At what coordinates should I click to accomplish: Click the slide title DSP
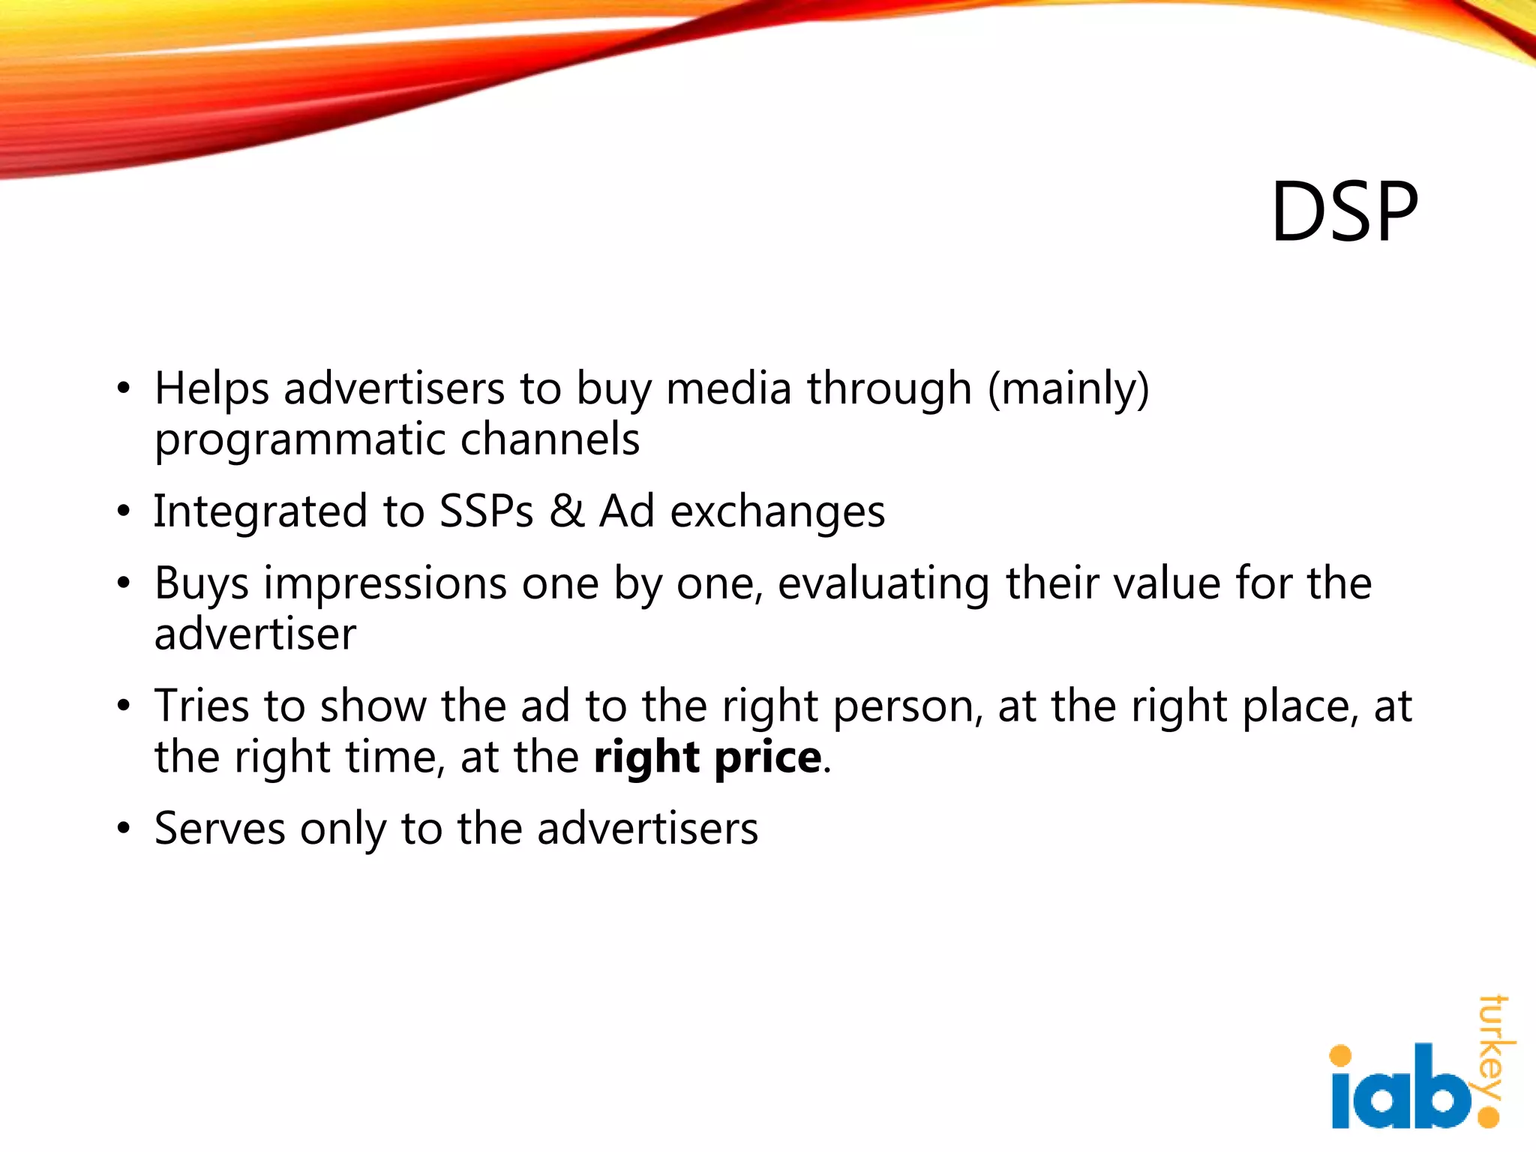coord(1344,213)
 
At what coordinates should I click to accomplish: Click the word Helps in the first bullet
coord(211,390)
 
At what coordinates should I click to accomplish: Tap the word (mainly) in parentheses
coord(1068,390)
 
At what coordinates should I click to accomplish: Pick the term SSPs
coord(486,511)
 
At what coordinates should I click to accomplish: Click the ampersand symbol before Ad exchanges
coord(566,511)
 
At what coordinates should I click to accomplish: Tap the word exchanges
coord(777,513)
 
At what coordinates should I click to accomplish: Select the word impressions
coord(385,585)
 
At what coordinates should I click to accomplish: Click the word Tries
coord(202,706)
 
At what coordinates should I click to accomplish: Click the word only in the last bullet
coord(342,829)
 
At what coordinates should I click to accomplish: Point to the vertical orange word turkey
coord(1494,1046)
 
